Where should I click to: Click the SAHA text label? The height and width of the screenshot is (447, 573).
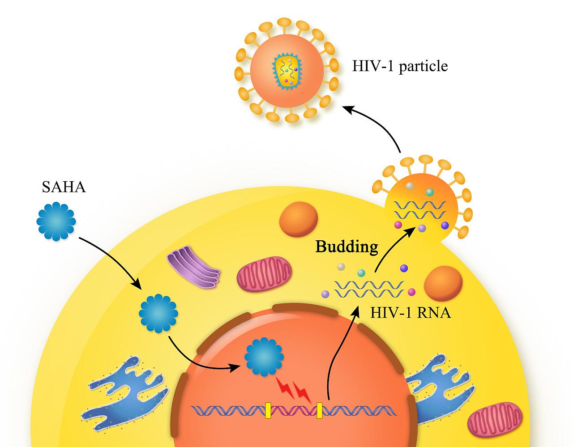tap(64, 187)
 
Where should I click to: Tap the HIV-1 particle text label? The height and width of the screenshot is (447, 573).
tap(400, 66)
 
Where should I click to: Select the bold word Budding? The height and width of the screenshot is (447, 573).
tap(347, 247)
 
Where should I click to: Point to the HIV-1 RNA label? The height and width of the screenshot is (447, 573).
tap(411, 313)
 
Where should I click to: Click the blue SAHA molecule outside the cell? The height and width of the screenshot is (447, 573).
tap(56, 221)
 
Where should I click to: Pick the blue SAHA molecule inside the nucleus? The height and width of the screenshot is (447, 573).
tap(264, 357)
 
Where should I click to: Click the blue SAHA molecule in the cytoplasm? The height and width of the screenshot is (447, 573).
tap(158, 313)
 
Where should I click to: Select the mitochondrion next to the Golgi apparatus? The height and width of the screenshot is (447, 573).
tap(264, 274)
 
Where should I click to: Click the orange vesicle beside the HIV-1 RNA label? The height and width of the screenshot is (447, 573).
tap(443, 283)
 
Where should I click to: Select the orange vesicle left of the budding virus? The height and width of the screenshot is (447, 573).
tap(299, 219)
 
